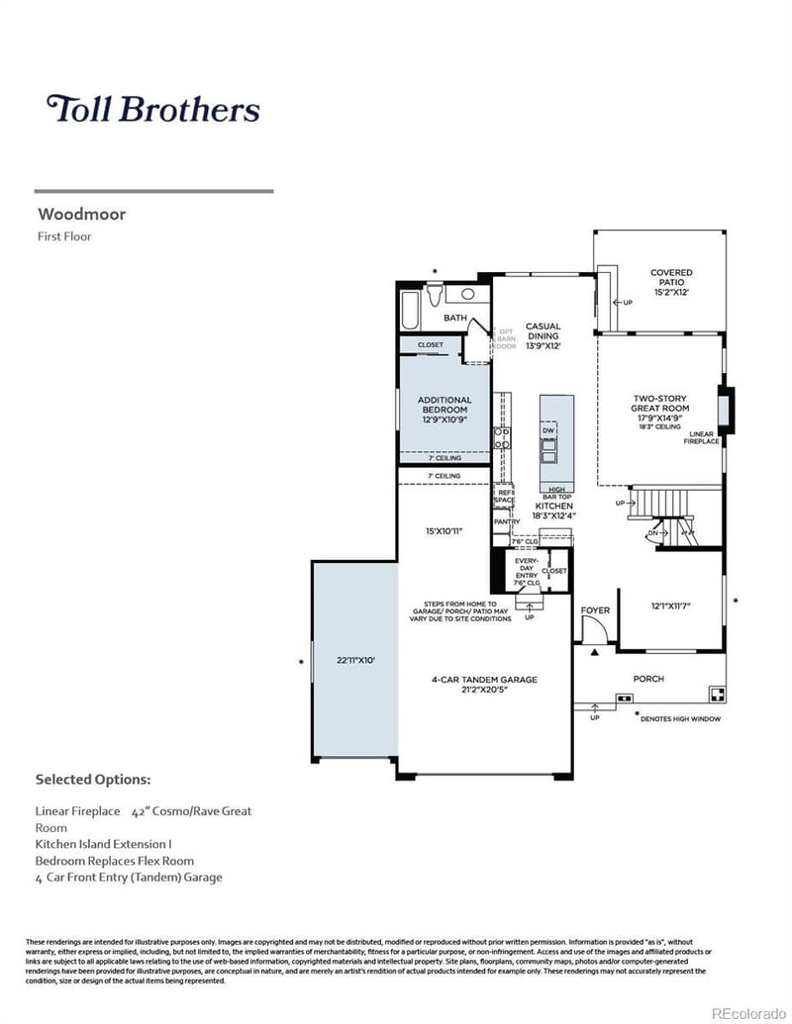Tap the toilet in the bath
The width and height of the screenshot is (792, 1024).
434,296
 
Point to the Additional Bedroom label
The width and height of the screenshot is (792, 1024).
445,405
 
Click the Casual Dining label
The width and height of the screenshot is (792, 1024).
543,331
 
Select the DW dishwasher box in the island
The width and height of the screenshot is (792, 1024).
547,432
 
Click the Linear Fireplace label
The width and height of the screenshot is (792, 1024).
701,437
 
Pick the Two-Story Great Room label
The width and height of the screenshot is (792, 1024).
659,409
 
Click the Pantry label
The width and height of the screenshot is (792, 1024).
507,521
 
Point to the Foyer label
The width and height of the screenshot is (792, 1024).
595,610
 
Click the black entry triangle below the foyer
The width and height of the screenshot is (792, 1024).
595,653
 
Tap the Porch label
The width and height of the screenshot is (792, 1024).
648,679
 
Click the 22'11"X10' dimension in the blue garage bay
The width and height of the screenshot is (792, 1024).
356,660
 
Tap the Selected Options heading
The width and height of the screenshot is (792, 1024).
93,780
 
